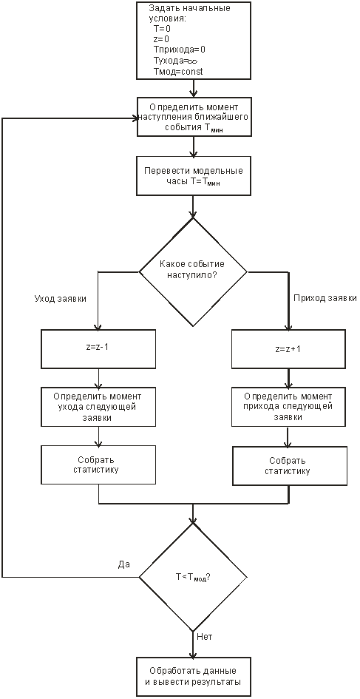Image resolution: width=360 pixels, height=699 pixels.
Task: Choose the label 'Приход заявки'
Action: click(x=325, y=299)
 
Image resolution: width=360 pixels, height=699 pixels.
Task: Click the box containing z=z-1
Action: click(x=98, y=346)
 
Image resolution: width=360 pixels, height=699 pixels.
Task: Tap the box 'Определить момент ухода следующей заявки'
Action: click(x=98, y=407)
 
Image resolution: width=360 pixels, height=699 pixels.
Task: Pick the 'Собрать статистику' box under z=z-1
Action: click(x=98, y=465)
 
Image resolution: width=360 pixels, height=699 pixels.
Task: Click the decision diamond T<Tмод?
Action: click(x=192, y=577)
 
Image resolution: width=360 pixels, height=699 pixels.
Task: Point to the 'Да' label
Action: click(x=124, y=564)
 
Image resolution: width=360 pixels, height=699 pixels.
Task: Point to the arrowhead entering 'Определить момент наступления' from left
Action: click(x=133, y=118)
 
